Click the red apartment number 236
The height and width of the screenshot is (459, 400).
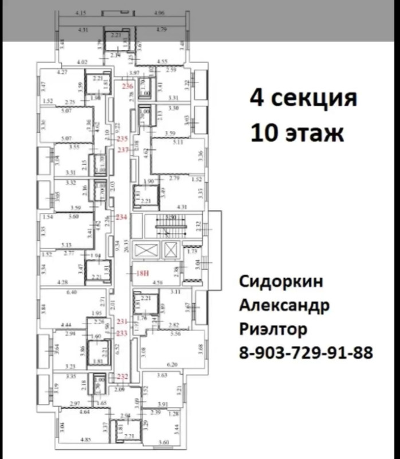pyautogui.click(x=128, y=87)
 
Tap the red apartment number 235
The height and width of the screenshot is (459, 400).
pyautogui.click(x=121, y=139)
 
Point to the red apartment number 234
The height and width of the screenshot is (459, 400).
pyautogui.click(x=121, y=218)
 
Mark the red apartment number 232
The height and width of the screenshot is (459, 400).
pyautogui.click(x=122, y=377)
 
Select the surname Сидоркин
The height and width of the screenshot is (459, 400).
pyautogui.click(x=281, y=282)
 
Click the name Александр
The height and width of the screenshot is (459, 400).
pyautogui.click(x=284, y=306)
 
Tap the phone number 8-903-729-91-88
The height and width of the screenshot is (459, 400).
pyautogui.click(x=305, y=352)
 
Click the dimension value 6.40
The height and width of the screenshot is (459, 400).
pyautogui.click(x=71, y=293)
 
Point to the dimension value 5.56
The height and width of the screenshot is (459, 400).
pyautogui.click(x=176, y=333)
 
